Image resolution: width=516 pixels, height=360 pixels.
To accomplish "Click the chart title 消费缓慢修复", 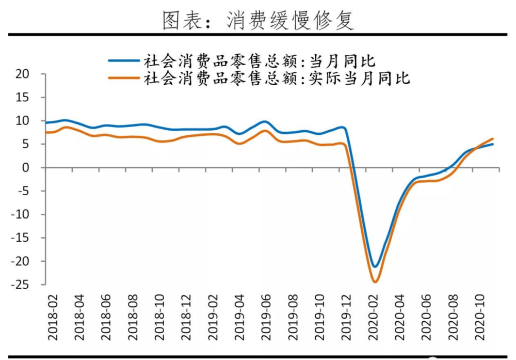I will (258, 20).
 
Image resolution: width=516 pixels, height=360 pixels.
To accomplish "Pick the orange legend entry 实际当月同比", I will (276, 79).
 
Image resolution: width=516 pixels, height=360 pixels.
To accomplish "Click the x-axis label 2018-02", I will (53, 318).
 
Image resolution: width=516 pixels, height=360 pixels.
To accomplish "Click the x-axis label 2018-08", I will (133, 318).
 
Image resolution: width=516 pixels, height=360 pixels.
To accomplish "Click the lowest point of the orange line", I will (375, 281).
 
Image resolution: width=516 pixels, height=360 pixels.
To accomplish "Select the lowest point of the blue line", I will (375, 267).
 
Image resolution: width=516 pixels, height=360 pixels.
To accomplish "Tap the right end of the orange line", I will (493, 139).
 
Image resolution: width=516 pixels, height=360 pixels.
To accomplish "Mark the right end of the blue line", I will (493, 144).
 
